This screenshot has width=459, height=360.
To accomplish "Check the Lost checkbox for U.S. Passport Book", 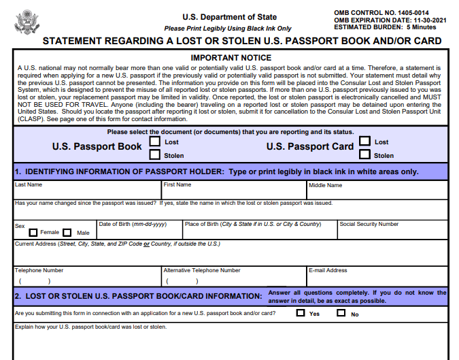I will [x=155, y=142].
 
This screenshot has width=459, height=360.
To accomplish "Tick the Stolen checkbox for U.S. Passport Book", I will [x=155, y=155].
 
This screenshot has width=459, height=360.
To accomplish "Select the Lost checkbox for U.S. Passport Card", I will [x=365, y=142].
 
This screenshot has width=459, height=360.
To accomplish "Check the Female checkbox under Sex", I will [x=33, y=233].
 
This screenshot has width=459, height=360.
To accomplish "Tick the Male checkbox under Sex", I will [x=68, y=233].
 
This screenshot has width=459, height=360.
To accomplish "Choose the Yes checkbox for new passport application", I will [x=301, y=314].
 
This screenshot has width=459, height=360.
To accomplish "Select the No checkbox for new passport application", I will [x=341, y=314].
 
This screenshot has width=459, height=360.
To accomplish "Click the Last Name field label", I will [x=29, y=184].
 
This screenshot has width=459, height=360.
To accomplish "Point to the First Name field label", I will [x=177, y=184].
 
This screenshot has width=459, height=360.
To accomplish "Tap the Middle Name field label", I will [x=326, y=185].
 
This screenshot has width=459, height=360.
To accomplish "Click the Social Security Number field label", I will [x=369, y=224].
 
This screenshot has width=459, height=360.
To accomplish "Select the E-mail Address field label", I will [x=328, y=270].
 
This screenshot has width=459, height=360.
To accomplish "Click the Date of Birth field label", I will [x=133, y=224].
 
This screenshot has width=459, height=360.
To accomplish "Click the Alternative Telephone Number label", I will [x=202, y=270].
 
